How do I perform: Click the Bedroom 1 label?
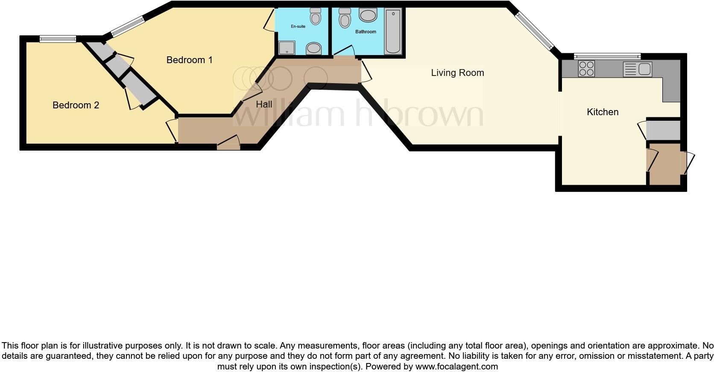[x=189, y=60]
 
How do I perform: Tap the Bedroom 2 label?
[x=76, y=105]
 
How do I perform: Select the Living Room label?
[x=457, y=73]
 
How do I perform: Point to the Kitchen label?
[x=603, y=112]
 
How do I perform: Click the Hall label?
[x=264, y=104]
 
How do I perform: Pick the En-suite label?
[x=298, y=26]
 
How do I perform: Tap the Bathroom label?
[x=366, y=32]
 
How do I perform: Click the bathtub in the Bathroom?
[x=393, y=32]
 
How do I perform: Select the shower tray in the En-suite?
[x=287, y=47]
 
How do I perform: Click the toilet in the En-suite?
[x=316, y=16]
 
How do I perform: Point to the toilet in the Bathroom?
[x=344, y=17]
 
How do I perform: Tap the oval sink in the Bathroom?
[x=368, y=16]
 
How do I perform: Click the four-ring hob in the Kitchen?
[x=586, y=69]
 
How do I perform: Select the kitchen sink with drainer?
[x=637, y=69]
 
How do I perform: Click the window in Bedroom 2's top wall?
[x=58, y=39]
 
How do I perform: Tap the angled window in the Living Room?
[x=534, y=30]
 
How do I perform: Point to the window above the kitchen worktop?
[x=607, y=56]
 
